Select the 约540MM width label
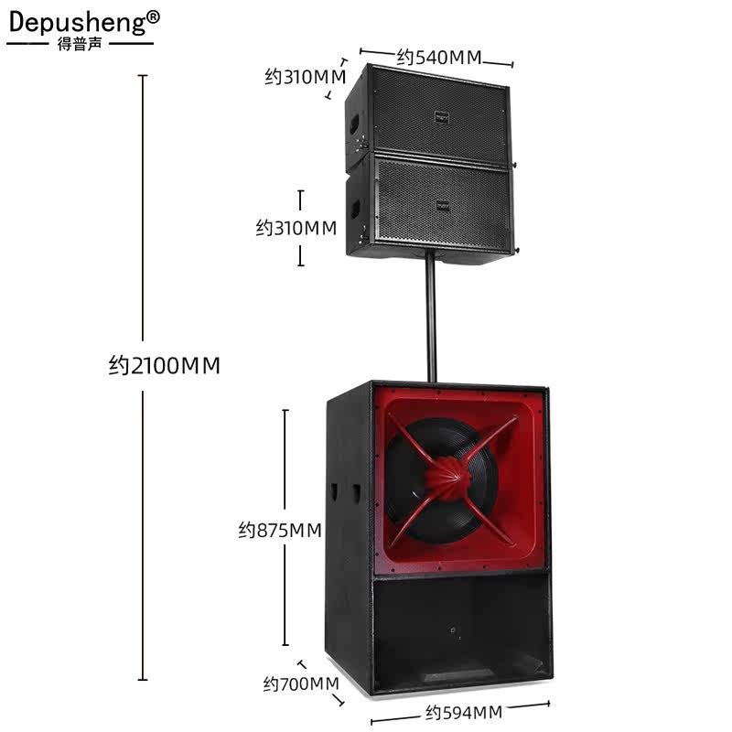pyautogui.click(x=438, y=57)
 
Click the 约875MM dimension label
pyautogui.click(x=280, y=530)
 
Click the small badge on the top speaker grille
pyautogui.click(x=443, y=116)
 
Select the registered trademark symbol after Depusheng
pyautogui.click(x=153, y=16)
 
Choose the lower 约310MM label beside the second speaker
pyautogui.click(x=296, y=228)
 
